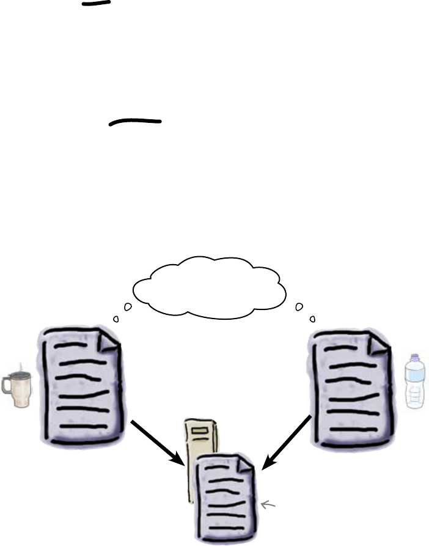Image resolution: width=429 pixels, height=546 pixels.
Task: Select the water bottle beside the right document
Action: tap(416, 382)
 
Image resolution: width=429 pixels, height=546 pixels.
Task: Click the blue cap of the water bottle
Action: tap(416, 358)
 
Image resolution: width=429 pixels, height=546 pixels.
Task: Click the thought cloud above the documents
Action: tap(209, 287)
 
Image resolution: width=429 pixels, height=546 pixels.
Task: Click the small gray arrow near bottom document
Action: tap(268, 504)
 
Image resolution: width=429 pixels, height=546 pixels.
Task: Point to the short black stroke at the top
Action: tap(96, 4)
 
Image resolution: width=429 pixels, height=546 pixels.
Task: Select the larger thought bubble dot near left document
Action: tap(128, 306)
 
